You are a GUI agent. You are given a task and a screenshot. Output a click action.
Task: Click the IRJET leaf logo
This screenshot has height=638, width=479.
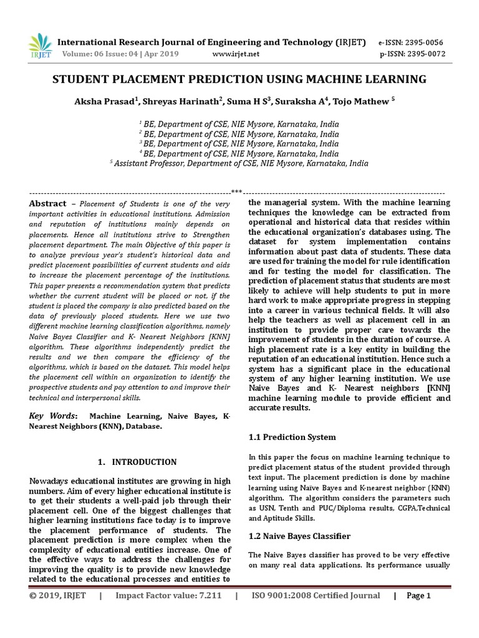click(x=39, y=45)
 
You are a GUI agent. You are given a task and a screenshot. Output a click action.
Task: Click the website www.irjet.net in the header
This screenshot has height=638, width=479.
click(x=236, y=54)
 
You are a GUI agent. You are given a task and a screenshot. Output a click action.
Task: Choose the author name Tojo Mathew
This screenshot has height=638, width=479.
click(x=365, y=102)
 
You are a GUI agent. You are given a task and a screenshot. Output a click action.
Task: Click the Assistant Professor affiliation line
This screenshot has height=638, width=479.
click(x=239, y=164)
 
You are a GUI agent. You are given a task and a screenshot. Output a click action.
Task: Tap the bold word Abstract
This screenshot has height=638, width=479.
click(x=48, y=204)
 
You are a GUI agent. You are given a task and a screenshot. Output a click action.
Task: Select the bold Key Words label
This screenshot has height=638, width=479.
click(x=54, y=416)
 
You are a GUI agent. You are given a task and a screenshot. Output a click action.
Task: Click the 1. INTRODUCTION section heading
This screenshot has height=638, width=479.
click(x=138, y=462)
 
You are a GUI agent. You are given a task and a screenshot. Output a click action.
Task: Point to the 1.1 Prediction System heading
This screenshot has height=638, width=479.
click(x=292, y=437)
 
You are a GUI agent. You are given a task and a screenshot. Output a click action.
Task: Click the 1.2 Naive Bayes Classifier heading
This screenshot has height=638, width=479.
click(x=299, y=536)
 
